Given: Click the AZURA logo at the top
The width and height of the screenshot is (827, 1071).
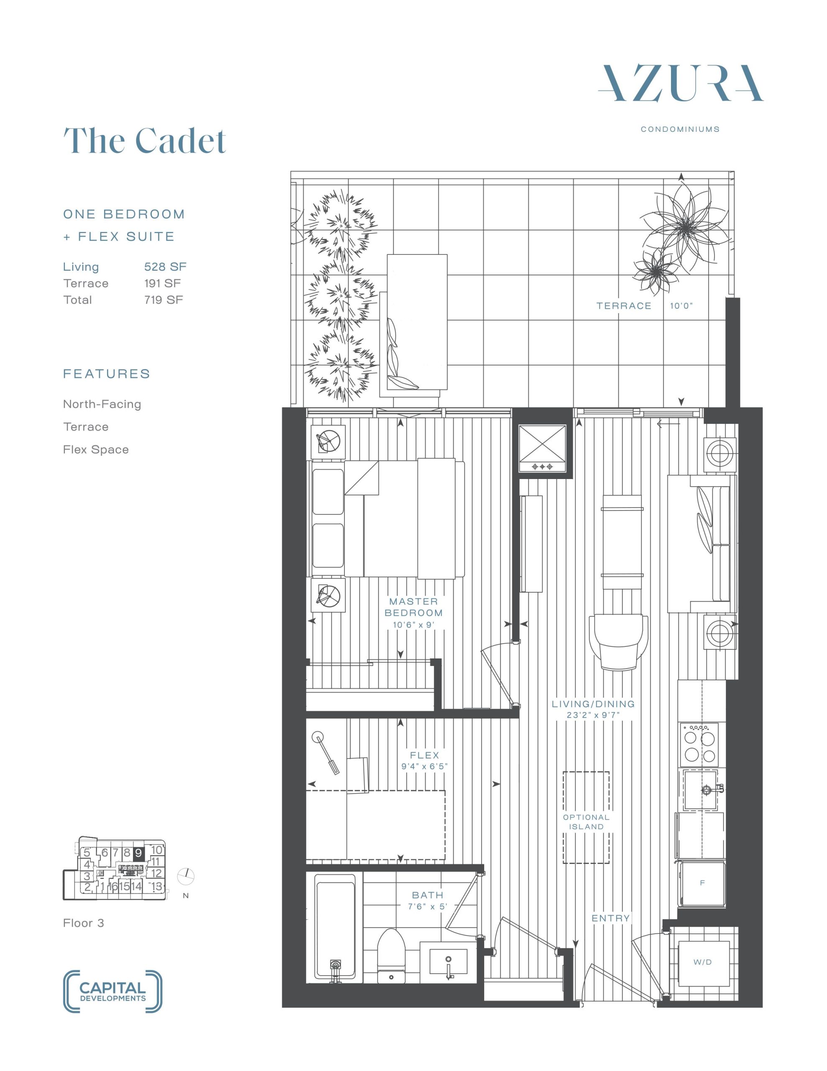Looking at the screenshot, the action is (x=680, y=83).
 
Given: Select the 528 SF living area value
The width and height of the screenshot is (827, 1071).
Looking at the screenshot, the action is (x=165, y=267).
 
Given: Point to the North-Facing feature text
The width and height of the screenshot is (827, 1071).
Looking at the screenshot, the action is (x=102, y=404).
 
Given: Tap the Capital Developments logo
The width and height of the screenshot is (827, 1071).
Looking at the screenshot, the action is (x=113, y=991).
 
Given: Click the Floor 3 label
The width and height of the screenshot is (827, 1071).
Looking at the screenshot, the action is (x=83, y=923).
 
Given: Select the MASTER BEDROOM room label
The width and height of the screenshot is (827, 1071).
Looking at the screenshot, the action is (x=414, y=607).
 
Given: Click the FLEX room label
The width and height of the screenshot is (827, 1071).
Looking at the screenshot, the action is (x=424, y=755).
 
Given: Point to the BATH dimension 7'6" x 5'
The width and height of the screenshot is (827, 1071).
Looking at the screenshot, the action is (x=427, y=907).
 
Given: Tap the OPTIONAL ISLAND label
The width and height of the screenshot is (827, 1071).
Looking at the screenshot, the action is (x=586, y=822).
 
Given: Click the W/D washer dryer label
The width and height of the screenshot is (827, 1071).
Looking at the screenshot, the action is (x=702, y=962).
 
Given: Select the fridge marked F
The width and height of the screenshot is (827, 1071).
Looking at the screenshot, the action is (x=702, y=883).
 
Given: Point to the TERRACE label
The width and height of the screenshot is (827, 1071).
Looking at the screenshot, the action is (x=623, y=306).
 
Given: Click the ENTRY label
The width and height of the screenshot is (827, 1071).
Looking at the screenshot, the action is (x=610, y=918).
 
